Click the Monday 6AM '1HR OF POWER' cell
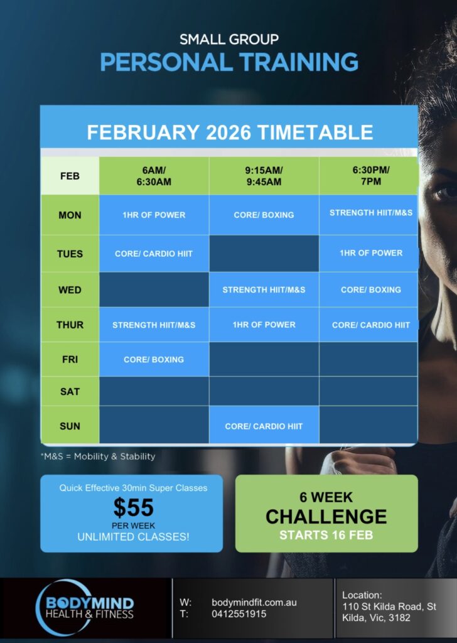pyautogui.click(x=154, y=215)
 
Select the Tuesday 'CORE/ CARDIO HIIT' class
pyautogui.click(x=154, y=254)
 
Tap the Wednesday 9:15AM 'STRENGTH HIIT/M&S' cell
pyautogui.click(x=264, y=289)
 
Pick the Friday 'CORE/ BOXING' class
pyautogui.click(x=154, y=359)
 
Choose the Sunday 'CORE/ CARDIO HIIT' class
pyautogui.click(x=264, y=426)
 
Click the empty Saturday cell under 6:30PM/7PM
pyautogui.click(x=368, y=391)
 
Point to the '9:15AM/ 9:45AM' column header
pyautogui.click(x=264, y=176)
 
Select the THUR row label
pyautogui.click(x=70, y=325)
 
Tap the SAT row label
pyautogui.click(x=70, y=392)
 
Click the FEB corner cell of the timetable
pyautogui.click(x=70, y=176)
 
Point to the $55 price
pyautogui.click(x=134, y=507)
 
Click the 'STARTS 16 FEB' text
pyautogui.click(x=326, y=535)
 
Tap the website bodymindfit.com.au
pyautogui.click(x=254, y=602)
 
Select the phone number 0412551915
pyautogui.click(x=239, y=614)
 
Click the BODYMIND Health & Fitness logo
pyautogui.click(x=86, y=607)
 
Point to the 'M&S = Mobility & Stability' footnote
pyautogui.click(x=98, y=457)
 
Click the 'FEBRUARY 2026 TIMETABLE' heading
pyautogui.click(x=230, y=132)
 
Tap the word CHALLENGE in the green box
pyautogui.click(x=326, y=516)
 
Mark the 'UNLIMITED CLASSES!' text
pyautogui.click(x=133, y=537)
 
